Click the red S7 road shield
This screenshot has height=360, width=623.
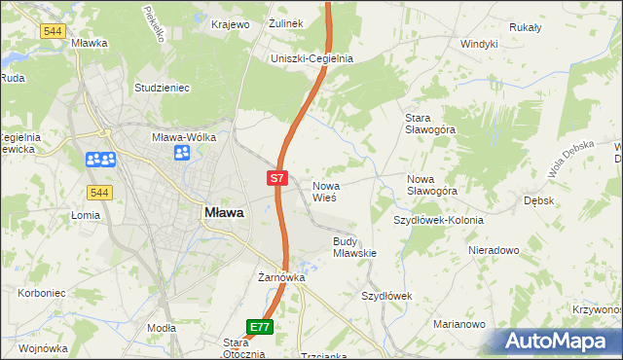pyautogui.click(x=277, y=178)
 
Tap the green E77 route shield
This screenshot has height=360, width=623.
pyautogui.click(x=259, y=327)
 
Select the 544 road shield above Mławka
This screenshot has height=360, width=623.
pyautogui.click(x=54, y=31)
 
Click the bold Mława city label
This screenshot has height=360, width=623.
pyautogui.click(x=223, y=211)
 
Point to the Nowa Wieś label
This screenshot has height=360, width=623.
pyautogui.click(x=324, y=191)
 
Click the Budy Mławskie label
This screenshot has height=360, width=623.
pyautogui.click(x=354, y=246)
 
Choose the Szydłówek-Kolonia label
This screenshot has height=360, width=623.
pyautogui.click(x=438, y=220)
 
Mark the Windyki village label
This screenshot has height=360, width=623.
pyautogui.click(x=479, y=44)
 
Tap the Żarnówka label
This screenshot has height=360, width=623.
pyautogui.click(x=282, y=277)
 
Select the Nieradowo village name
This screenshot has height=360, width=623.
pyautogui.click(x=494, y=250)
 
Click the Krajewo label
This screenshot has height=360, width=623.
pyautogui.click(x=231, y=23)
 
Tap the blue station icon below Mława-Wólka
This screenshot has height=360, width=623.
pyautogui.click(x=181, y=152)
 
